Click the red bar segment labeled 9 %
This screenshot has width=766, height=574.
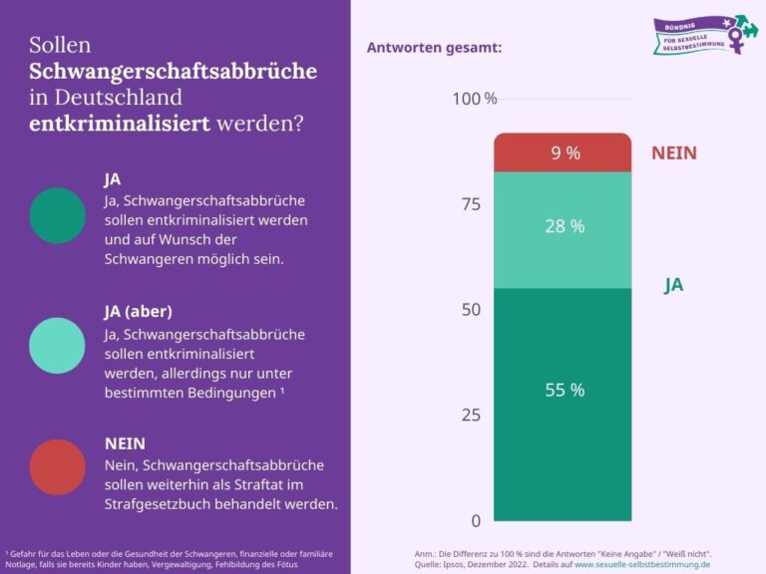563,152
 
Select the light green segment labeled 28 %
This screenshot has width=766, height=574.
563,228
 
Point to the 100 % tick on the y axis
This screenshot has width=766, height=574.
475,99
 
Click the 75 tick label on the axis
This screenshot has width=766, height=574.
471,204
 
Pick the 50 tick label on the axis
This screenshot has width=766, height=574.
471,310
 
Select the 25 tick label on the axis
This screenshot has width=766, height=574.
471,416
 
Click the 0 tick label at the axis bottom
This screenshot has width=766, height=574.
476,520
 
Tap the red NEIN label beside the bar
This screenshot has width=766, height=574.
674,153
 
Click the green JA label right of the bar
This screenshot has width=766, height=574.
674,286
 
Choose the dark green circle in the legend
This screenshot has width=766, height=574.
58,215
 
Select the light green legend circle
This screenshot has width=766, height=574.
58,346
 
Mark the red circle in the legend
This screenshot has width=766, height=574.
58,467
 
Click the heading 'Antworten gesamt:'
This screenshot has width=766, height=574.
434,47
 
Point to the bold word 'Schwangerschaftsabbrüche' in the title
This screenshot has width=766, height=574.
173,72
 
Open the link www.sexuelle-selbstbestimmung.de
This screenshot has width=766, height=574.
642,564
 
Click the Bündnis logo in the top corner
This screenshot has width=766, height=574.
698,35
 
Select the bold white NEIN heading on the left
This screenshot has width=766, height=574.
127,442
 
